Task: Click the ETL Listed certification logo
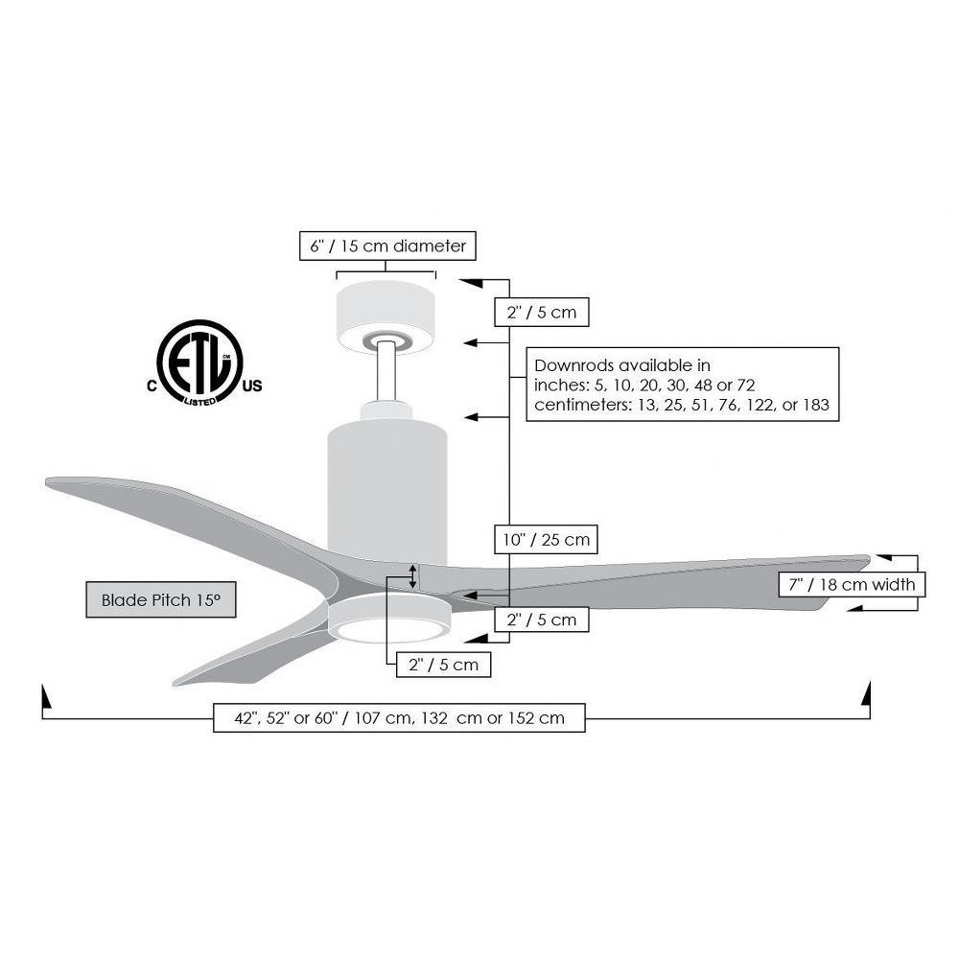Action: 200,363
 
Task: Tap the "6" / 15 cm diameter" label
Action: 387,246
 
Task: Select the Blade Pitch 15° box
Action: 161,600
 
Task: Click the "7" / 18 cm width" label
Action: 852,585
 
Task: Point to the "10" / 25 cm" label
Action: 547,540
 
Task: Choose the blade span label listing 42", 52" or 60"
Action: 399,718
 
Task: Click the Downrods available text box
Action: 683,385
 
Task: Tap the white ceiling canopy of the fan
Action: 386,316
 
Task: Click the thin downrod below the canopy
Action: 386,372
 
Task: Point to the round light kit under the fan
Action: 389,619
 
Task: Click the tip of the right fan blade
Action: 869,558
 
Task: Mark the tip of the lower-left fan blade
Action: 175,683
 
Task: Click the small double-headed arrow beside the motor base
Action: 412,576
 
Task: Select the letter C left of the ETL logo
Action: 152,386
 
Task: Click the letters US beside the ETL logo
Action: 252,386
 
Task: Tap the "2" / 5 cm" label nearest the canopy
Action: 542,313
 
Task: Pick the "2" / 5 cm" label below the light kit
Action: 443,665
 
